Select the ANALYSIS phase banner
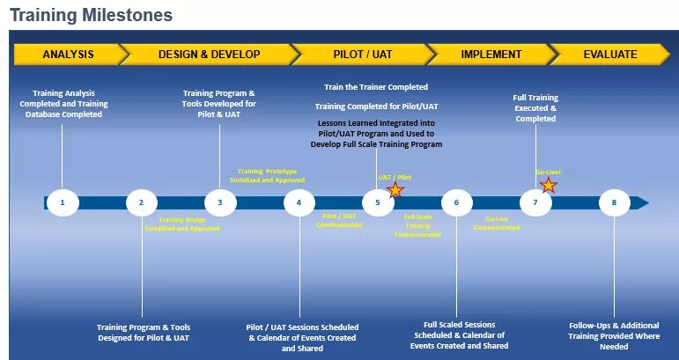[x=68, y=55]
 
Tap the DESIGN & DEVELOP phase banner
[x=209, y=55]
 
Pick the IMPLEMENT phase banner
[x=491, y=55]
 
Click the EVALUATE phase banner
[x=609, y=55]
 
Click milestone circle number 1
[x=63, y=202]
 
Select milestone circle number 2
[x=141, y=202]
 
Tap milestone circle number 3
[x=220, y=202]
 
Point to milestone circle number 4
[x=299, y=202]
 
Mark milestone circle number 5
[x=378, y=202]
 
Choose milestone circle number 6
[x=456, y=202]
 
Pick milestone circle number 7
[x=535, y=202]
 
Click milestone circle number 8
[x=614, y=202]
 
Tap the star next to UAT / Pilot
[x=395, y=189]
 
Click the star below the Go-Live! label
[x=548, y=185]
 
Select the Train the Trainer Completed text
[x=376, y=87]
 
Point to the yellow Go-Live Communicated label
[x=497, y=223]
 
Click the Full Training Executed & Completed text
[x=535, y=108]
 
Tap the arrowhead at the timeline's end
[x=642, y=202]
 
